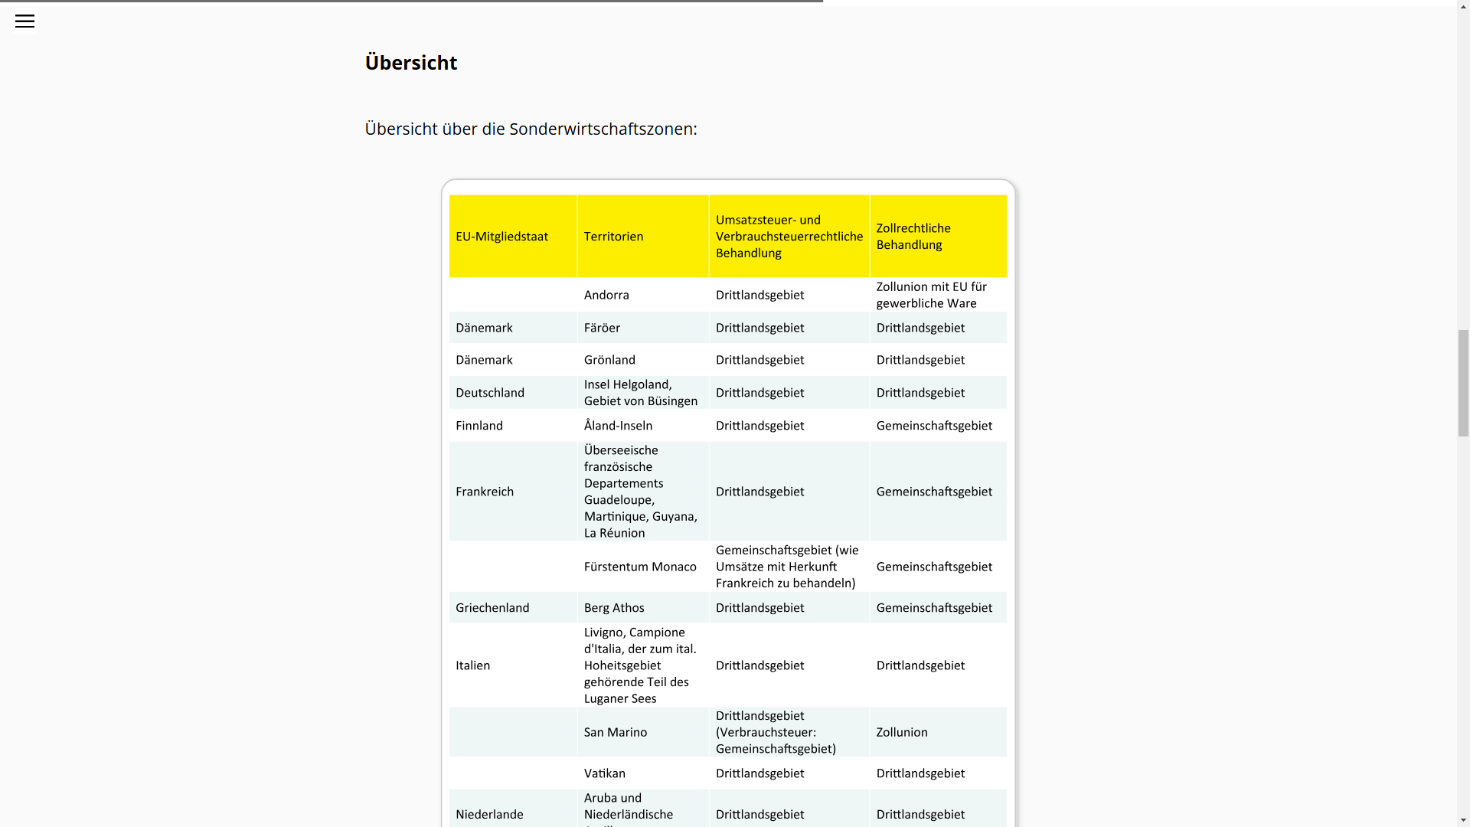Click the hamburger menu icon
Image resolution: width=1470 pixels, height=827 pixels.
coord(24,21)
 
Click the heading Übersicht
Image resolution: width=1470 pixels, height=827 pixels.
coord(410,63)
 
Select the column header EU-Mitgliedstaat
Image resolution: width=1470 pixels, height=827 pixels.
coord(501,237)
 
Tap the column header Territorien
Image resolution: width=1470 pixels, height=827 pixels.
coord(613,237)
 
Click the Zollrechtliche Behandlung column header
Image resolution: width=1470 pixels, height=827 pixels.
coord(913,237)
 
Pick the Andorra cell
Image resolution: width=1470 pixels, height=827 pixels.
coord(606,295)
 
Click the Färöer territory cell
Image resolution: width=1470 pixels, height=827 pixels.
coord(602,328)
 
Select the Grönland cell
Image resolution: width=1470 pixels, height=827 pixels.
coord(609,360)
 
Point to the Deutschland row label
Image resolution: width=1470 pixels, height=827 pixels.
coord(490,393)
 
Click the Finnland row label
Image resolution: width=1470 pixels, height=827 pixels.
coord(479,426)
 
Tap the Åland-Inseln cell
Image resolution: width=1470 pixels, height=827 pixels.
coord(618,426)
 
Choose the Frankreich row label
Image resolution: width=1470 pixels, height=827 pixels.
coord(485,492)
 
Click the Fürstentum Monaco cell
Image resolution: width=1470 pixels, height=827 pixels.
coord(640,567)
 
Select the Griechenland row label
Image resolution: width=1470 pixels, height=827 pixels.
coord(492,608)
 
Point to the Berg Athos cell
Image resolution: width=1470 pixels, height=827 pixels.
coord(614,608)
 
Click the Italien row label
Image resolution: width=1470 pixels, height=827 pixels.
coord(472,665)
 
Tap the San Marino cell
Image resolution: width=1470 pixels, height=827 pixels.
coord(616,732)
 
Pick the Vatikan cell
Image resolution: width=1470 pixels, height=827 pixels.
coord(604,773)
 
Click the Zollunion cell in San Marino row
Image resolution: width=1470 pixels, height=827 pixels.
coord(902,732)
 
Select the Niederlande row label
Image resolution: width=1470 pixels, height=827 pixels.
coord(489,815)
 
